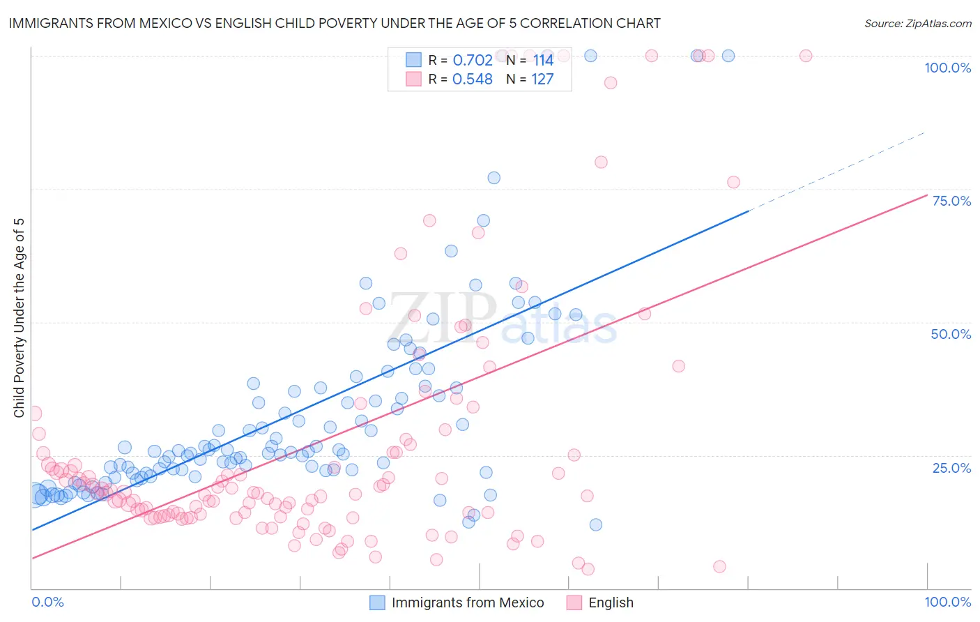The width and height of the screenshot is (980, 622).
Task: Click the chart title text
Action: [334, 23]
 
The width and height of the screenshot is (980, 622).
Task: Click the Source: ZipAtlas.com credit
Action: [917, 23]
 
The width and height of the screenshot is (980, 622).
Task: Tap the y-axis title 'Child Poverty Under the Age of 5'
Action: [19, 317]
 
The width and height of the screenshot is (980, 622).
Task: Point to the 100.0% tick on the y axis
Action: [947, 68]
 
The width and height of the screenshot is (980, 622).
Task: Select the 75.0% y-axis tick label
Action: [951, 201]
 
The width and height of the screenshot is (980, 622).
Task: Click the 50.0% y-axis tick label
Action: [951, 334]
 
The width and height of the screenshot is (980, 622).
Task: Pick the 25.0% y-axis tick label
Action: [951, 467]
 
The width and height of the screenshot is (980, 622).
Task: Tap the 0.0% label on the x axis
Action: [47, 602]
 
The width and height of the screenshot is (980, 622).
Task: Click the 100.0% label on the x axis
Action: [947, 602]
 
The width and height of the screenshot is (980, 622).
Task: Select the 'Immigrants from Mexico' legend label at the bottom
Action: [468, 602]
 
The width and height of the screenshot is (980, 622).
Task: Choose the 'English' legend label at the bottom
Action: [611, 602]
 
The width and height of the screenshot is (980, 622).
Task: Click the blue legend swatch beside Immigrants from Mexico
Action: [377, 602]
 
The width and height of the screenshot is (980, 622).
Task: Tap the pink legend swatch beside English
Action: [574, 602]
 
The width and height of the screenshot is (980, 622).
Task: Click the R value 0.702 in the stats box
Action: [473, 60]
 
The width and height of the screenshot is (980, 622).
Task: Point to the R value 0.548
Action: [473, 79]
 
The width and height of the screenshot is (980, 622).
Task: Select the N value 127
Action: [542, 79]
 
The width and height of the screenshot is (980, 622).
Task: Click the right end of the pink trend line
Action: [926, 195]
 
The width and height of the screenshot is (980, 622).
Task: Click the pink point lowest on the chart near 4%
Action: [588, 569]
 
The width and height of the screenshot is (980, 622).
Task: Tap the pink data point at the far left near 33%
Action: [33, 414]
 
